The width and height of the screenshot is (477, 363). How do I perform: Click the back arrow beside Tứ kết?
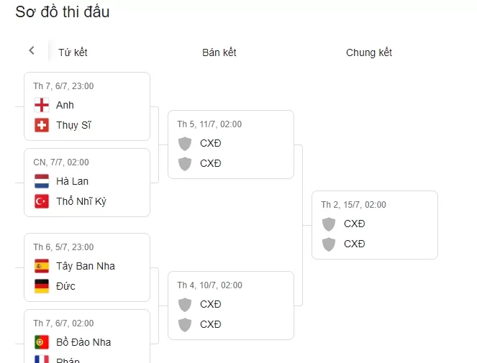click(32, 50)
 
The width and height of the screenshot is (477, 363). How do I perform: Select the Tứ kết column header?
click(73, 52)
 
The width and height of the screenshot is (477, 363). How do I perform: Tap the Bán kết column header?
click(219, 52)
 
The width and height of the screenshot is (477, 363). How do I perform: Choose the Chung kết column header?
click(369, 52)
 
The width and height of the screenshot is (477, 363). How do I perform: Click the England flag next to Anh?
click(42, 105)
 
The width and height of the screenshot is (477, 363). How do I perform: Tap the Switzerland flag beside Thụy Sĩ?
click(42, 125)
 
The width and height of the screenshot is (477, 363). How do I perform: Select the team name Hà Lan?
click(72, 181)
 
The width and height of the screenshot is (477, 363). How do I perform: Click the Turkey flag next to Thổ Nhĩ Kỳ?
click(42, 201)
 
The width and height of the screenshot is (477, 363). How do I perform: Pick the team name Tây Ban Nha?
click(86, 266)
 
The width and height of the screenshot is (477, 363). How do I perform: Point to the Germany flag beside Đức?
click(42, 286)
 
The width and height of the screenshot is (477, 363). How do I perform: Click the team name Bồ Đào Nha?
click(83, 342)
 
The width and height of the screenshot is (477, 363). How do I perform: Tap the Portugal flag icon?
click(42, 342)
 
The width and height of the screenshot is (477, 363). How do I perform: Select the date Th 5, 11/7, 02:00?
click(209, 124)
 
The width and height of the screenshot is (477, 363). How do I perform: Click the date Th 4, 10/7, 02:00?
click(209, 285)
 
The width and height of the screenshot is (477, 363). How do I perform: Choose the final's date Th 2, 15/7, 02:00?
click(353, 205)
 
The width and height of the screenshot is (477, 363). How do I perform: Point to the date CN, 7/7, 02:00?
click(61, 162)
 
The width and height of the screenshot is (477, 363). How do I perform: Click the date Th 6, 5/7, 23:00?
click(63, 247)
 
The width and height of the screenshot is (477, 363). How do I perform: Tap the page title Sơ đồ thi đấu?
click(63, 12)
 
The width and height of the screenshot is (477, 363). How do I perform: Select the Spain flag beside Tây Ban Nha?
click(42, 266)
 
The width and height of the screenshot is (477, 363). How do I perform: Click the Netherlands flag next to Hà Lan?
click(42, 181)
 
